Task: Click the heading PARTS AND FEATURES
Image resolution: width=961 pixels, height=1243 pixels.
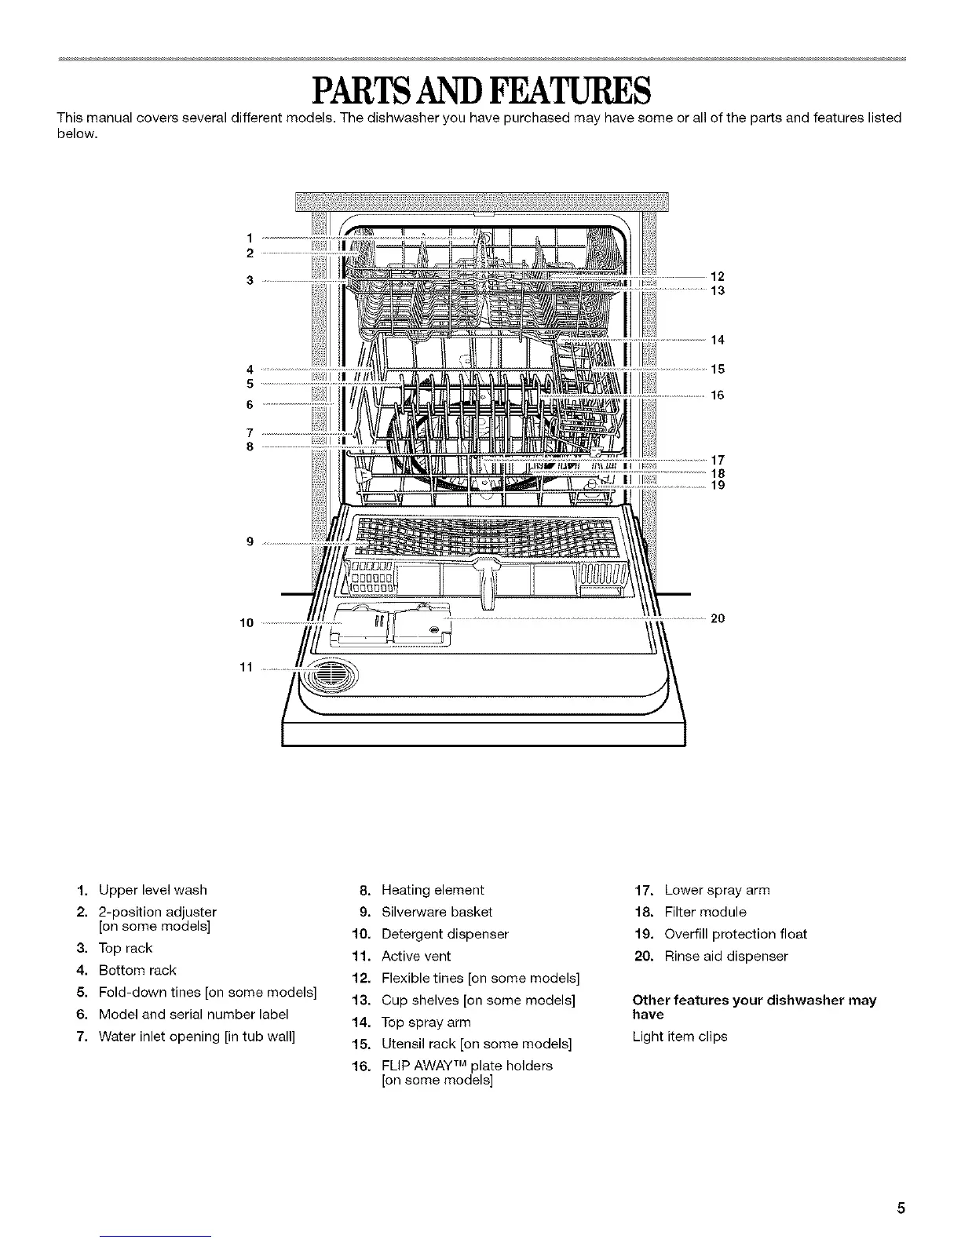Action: point(480,91)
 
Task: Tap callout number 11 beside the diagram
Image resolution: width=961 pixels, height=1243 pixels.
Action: point(245,668)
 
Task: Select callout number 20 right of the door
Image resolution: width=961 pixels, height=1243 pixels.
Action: point(717,618)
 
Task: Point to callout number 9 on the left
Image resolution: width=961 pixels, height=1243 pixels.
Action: point(249,541)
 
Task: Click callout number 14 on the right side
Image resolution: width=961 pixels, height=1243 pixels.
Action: point(717,340)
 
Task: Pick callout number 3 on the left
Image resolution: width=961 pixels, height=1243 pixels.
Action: point(249,280)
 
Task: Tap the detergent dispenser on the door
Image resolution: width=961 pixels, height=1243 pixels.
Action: point(393,625)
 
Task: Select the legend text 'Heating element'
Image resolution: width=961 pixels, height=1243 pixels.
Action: point(432,890)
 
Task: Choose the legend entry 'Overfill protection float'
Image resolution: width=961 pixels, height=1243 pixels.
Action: point(735,934)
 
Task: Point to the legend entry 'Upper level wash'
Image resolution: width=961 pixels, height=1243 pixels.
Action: point(152,890)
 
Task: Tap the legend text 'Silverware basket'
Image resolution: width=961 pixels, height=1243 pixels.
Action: point(437,912)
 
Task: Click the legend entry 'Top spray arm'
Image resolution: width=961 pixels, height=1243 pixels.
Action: point(426,1022)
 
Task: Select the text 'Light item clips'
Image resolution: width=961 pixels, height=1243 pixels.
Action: point(680,1037)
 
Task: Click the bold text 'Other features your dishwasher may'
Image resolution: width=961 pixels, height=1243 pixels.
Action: point(754,1001)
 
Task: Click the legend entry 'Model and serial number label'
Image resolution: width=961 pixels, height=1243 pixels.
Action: point(193,1014)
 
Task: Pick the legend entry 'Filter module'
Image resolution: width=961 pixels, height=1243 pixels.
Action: point(705,912)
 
